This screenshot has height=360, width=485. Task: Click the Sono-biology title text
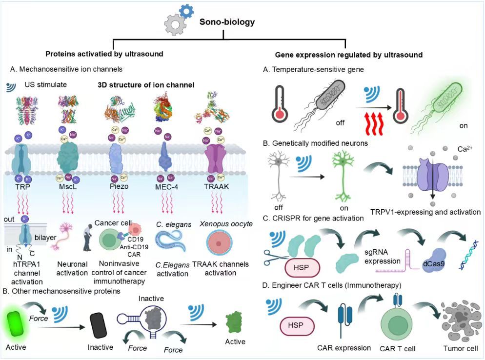(x=227, y=22)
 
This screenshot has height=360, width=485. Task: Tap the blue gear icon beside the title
(x=186, y=11)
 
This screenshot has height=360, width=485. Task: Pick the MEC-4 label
(x=166, y=186)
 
